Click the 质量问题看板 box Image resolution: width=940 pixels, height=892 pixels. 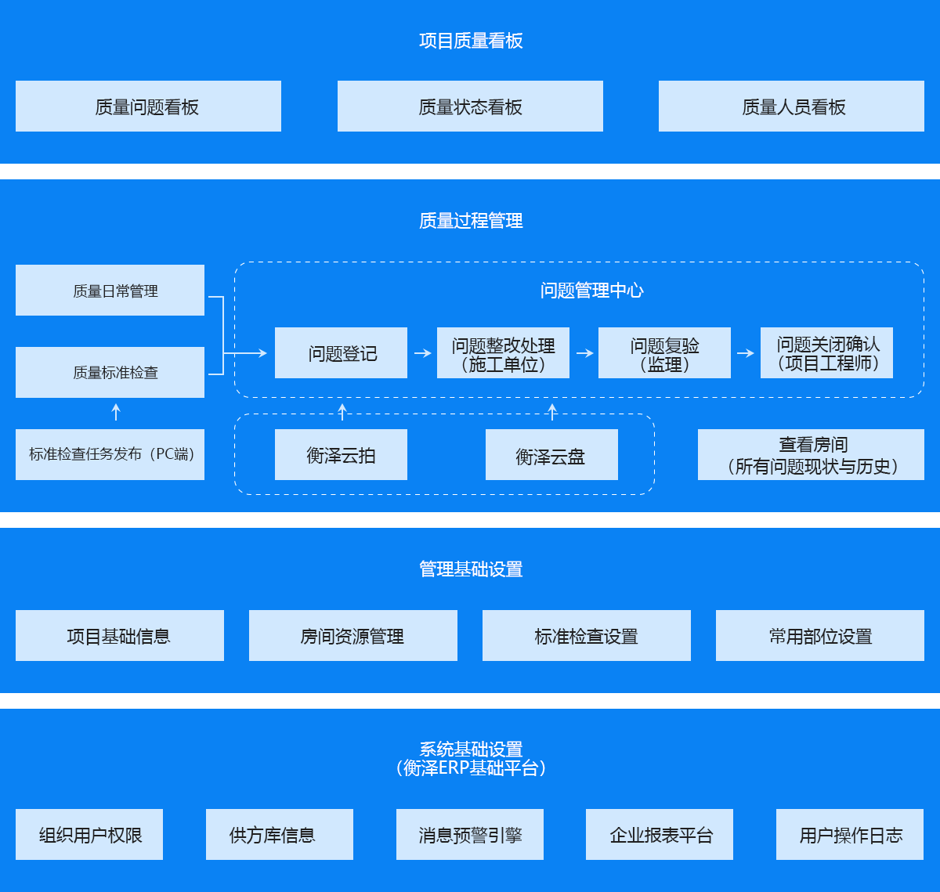click(148, 107)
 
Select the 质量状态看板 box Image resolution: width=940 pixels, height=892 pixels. click(470, 107)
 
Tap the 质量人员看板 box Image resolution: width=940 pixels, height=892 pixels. click(791, 107)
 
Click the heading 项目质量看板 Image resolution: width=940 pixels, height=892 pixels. click(471, 41)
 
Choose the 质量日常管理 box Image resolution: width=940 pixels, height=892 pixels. click(110, 291)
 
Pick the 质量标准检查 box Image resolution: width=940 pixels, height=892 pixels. click(110, 373)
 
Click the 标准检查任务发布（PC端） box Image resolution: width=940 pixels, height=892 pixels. click(110, 454)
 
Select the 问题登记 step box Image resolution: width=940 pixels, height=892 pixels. click(341, 353)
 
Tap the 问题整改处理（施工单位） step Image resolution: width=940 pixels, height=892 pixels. click(503, 353)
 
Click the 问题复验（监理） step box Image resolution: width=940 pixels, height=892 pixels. click(664, 353)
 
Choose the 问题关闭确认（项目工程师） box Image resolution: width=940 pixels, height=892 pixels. click(826, 353)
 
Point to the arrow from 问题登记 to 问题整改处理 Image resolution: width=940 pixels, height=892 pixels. click(423, 353)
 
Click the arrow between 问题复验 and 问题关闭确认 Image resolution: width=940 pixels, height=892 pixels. click(746, 353)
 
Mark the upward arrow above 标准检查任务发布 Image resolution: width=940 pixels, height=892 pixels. click(116, 411)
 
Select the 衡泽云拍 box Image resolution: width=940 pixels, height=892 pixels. click(341, 455)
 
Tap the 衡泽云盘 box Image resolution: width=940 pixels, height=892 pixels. click(551, 455)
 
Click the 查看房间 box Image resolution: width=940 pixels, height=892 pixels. click(811, 455)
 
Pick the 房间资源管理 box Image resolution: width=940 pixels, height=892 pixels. click(352, 636)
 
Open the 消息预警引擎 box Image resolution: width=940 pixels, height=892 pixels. click(470, 835)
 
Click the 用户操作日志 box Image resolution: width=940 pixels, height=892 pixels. click(850, 835)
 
